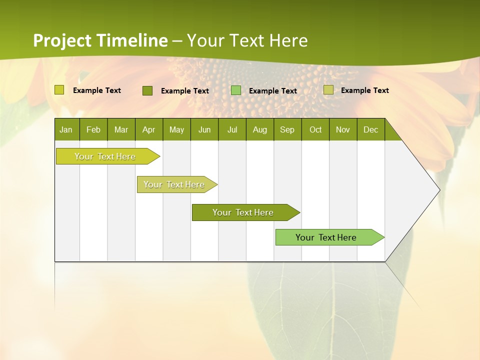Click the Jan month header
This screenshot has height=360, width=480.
(x=66, y=129)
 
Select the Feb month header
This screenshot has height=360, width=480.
(x=93, y=129)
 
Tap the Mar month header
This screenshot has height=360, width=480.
(x=121, y=129)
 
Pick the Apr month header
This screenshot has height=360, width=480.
(x=149, y=129)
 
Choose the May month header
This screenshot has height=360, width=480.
(x=176, y=129)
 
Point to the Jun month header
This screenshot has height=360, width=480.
(x=204, y=129)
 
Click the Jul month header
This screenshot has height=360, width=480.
(x=232, y=129)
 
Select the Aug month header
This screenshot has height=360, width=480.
(x=260, y=129)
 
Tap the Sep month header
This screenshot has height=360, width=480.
(x=287, y=129)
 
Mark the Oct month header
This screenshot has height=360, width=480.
(x=315, y=129)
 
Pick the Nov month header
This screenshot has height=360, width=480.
(x=343, y=129)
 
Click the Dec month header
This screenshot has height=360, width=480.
(x=371, y=129)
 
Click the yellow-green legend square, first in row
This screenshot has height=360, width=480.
(x=59, y=90)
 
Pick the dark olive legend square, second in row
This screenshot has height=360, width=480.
(x=147, y=90)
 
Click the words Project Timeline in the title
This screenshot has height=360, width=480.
(x=100, y=40)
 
